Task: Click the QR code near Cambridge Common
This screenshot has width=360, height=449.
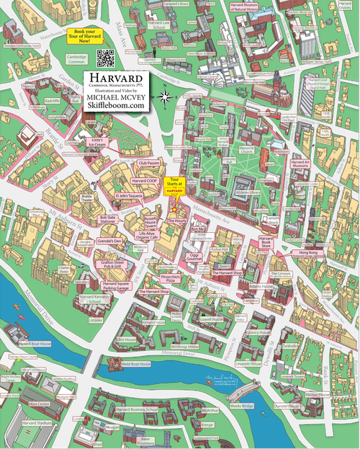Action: click(x=107, y=57)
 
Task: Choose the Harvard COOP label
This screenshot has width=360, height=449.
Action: click(x=144, y=179)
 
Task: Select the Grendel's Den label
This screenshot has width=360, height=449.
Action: click(x=109, y=239)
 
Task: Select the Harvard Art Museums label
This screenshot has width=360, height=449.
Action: click(x=299, y=165)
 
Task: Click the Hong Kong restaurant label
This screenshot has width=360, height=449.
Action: click(x=307, y=253)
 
